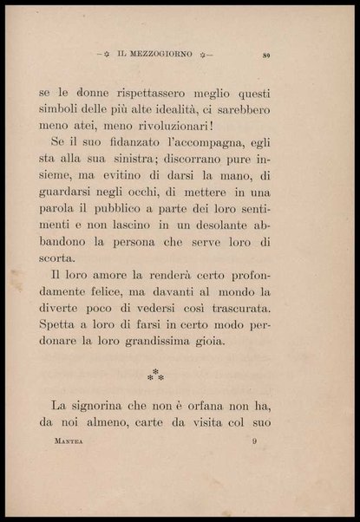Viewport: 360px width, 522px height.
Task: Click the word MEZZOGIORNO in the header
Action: tap(162, 56)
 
